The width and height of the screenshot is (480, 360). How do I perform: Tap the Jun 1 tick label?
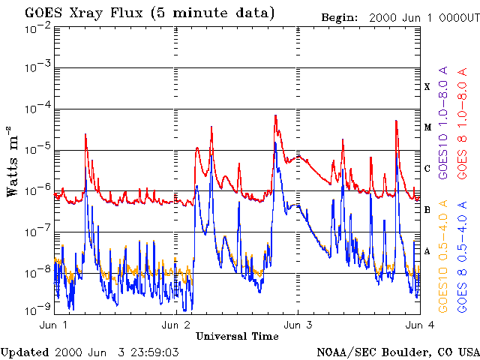[53, 325]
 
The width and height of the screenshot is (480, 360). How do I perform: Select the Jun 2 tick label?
[175, 325]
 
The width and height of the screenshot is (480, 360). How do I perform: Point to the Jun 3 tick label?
[298, 325]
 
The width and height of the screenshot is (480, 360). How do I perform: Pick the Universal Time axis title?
[237, 336]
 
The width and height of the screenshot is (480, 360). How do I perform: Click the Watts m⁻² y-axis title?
[13, 161]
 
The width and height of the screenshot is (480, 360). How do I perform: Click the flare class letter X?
[427, 87]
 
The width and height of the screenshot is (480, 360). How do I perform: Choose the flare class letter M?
[427, 127]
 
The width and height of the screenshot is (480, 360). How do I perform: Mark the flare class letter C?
[427, 169]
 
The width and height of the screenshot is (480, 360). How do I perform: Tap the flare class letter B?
[427, 210]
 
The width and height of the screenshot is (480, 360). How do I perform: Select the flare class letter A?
[427, 251]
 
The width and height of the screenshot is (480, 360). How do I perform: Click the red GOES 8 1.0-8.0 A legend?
[463, 123]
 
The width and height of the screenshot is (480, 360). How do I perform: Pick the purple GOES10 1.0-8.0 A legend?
[445, 123]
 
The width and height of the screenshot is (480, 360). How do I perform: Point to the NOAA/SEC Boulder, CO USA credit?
[397, 352]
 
